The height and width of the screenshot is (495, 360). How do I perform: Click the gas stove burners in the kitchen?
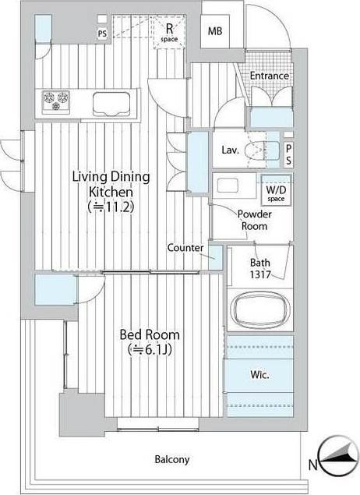(x=56, y=101)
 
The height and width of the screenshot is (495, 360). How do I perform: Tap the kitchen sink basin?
(x=111, y=104)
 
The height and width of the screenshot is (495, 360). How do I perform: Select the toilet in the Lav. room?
(x=262, y=150)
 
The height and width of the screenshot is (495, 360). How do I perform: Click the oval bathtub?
(x=260, y=309)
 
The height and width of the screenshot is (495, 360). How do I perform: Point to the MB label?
(x=215, y=31)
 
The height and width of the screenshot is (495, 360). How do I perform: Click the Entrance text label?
(x=270, y=76)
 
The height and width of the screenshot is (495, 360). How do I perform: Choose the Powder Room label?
(x=254, y=220)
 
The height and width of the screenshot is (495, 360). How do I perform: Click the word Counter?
(x=185, y=248)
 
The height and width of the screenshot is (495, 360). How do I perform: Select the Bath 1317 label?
(x=260, y=268)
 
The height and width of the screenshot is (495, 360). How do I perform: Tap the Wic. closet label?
(x=259, y=375)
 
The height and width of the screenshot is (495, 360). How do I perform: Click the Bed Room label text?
(x=150, y=334)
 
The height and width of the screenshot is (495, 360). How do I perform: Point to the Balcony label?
(x=172, y=459)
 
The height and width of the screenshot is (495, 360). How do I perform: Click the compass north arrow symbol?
(x=337, y=456)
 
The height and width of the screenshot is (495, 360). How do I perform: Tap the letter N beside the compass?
(x=312, y=465)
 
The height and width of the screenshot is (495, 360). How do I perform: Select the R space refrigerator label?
(x=169, y=33)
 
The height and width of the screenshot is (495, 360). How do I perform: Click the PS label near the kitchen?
(x=102, y=34)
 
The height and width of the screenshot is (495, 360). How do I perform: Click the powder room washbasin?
(x=228, y=185)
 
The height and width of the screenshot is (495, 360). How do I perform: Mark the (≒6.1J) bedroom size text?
(x=150, y=349)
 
